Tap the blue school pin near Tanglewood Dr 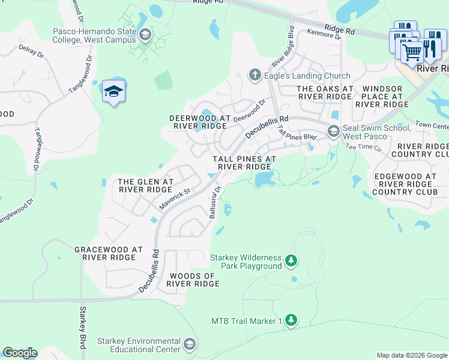[113, 92]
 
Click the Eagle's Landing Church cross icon [255, 76]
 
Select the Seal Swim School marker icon [333, 131]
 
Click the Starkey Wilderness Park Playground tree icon [291, 260]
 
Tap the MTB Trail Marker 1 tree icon [291, 320]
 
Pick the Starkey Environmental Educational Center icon [190, 344]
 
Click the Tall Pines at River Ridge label [244, 163]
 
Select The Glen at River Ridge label [145, 185]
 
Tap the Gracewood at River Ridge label [109, 253]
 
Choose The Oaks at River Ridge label [324, 92]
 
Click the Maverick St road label [174, 199]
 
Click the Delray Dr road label [32, 50]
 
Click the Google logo [20, 353]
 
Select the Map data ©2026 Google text [411, 355]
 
